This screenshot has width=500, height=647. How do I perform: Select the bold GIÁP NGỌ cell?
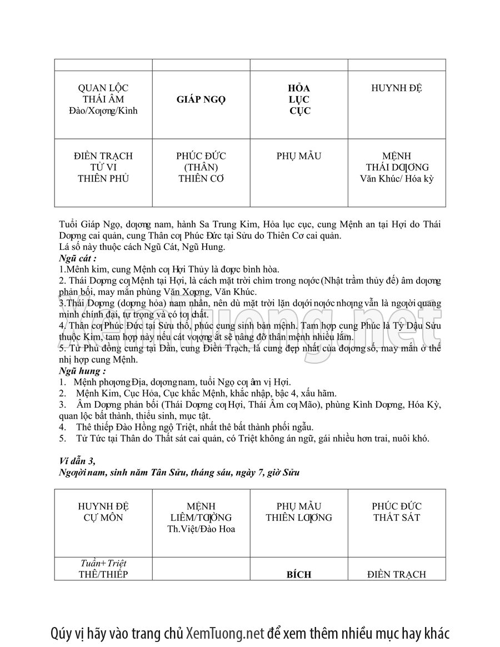tap(201, 100)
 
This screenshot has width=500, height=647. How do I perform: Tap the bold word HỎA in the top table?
tap(299, 88)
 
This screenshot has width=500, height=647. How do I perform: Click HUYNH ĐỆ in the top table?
tap(397, 88)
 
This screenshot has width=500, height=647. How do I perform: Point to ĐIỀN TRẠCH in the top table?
tap(103, 156)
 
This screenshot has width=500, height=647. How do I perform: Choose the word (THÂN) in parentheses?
tap(201, 167)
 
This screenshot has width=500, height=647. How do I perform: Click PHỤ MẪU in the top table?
tap(299, 156)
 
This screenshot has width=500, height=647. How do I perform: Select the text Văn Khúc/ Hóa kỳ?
tap(397, 179)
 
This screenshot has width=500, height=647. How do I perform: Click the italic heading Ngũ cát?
tap(78, 258)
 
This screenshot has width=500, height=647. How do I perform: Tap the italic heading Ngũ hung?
tap(82, 370)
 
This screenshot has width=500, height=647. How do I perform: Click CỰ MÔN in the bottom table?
tap(103, 518)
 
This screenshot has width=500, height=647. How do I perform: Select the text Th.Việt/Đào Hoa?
tap(201, 529)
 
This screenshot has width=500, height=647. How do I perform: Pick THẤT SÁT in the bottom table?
tap(397, 518)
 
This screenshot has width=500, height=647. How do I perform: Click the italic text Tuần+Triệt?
tap(103, 564)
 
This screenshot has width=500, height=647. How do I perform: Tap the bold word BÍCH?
tap(299, 575)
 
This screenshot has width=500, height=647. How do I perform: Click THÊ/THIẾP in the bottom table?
tap(103, 575)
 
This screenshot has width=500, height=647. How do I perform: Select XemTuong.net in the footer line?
tap(224, 633)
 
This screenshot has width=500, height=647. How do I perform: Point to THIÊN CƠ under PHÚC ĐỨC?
tap(201, 179)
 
